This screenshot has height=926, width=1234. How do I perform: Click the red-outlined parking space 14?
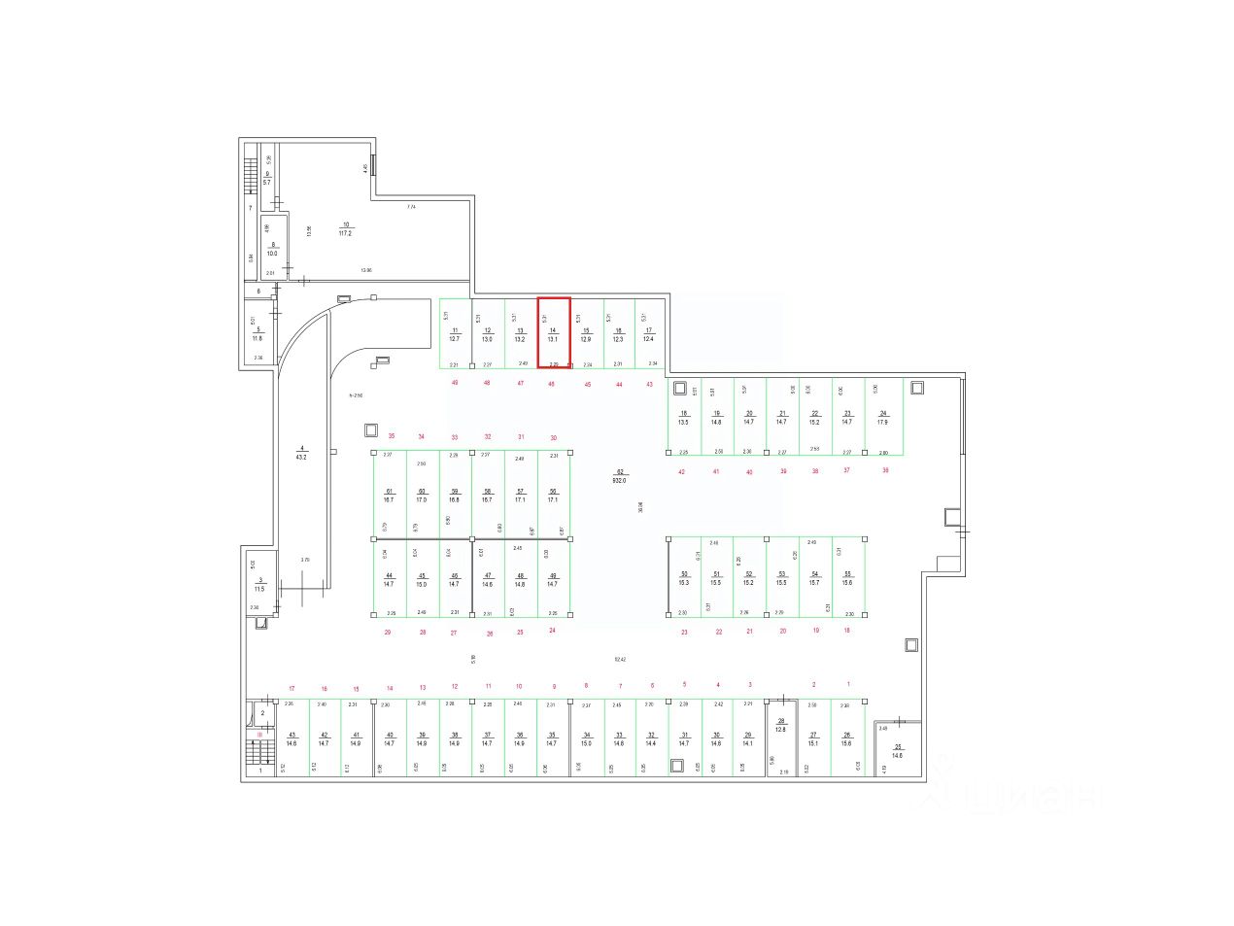click(x=554, y=332)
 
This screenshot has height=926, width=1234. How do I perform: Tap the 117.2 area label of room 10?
click(x=345, y=233)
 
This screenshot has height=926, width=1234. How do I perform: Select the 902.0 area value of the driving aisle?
click(x=619, y=480)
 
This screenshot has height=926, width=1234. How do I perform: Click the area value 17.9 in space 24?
click(x=882, y=422)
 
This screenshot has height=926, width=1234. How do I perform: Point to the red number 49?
click(x=455, y=383)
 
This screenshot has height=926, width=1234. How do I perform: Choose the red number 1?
click(x=847, y=685)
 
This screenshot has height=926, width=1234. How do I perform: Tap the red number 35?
click(x=392, y=436)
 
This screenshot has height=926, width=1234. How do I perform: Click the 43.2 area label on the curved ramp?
click(x=301, y=457)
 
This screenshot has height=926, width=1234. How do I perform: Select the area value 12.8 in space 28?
click(x=780, y=729)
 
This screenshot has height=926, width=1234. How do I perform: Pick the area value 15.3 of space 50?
click(x=684, y=582)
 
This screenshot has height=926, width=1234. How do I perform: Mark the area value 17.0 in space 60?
click(x=422, y=499)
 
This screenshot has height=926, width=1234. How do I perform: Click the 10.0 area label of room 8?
click(x=272, y=254)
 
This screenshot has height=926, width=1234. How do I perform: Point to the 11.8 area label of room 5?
click(x=257, y=338)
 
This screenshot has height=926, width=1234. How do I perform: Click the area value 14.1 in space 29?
click(x=748, y=742)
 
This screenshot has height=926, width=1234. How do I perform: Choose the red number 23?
click(x=684, y=632)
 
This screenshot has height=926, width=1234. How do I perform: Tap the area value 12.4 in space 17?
click(x=648, y=338)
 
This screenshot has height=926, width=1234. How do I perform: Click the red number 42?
click(x=681, y=471)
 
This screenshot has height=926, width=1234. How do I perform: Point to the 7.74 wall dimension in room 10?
click(x=411, y=207)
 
